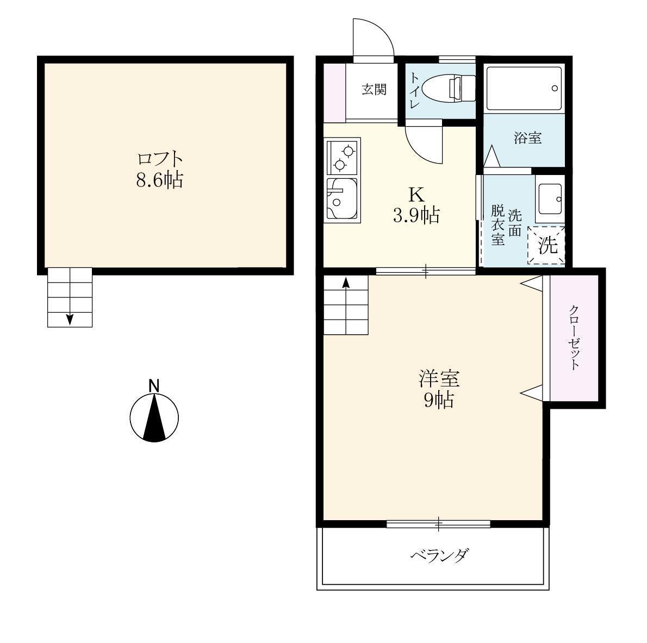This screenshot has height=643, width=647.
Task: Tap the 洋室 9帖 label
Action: [x=439, y=389]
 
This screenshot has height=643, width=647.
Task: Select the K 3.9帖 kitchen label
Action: [x=416, y=205]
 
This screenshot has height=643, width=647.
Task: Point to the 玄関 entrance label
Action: [x=374, y=90]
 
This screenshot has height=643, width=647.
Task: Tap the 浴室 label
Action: [x=527, y=138]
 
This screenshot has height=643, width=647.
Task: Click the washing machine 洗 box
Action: [x=548, y=246]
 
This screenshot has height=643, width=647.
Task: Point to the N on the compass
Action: [x=154, y=386]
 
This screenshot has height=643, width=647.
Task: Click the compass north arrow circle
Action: [x=154, y=418]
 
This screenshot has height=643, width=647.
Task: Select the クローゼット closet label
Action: [x=574, y=338]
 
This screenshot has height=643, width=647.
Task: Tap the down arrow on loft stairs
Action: [x=70, y=319]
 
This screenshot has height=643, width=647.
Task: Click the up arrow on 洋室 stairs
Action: [x=345, y=283]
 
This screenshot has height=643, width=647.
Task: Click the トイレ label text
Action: [x=414, y=90]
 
